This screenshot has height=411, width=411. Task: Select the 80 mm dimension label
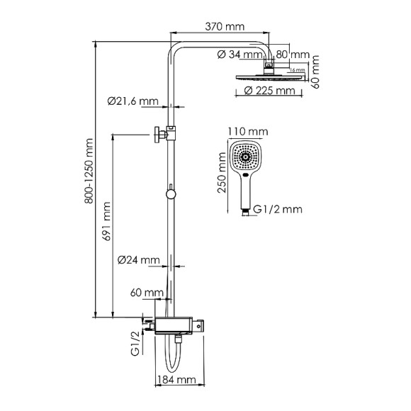[x=293, y=53]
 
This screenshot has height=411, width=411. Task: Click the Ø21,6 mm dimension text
[x=133, y=101]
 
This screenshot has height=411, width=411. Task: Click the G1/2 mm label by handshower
[x=278, y=209]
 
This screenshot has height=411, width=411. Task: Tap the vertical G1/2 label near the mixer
[x=134, y=347]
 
